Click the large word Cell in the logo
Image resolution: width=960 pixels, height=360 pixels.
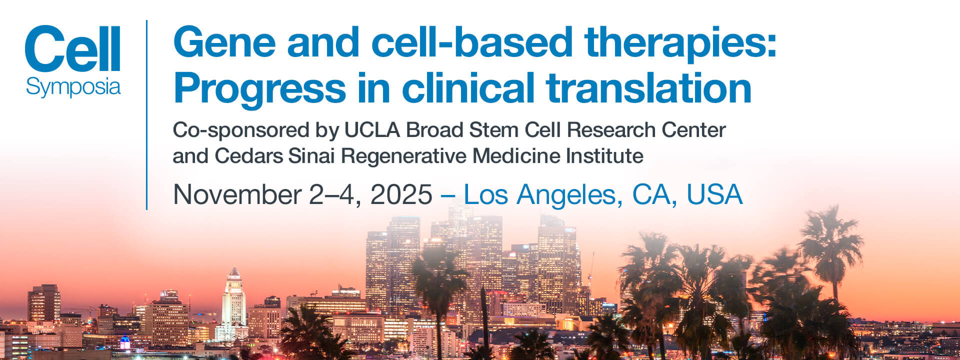[x=73, y=48]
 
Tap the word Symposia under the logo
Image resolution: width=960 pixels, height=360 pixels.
[x=73, y=87]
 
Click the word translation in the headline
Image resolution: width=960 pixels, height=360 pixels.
[x=649, y=87]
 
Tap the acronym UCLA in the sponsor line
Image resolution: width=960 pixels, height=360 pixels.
[x=372, y=130]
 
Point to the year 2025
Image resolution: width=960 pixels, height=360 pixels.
[x=401, y=194]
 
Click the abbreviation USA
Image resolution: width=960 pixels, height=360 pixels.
[x=714, y=194]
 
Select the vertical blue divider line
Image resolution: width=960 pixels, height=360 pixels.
[x=146, y=114]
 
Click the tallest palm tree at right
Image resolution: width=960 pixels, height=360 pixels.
[x=830, y=255]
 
